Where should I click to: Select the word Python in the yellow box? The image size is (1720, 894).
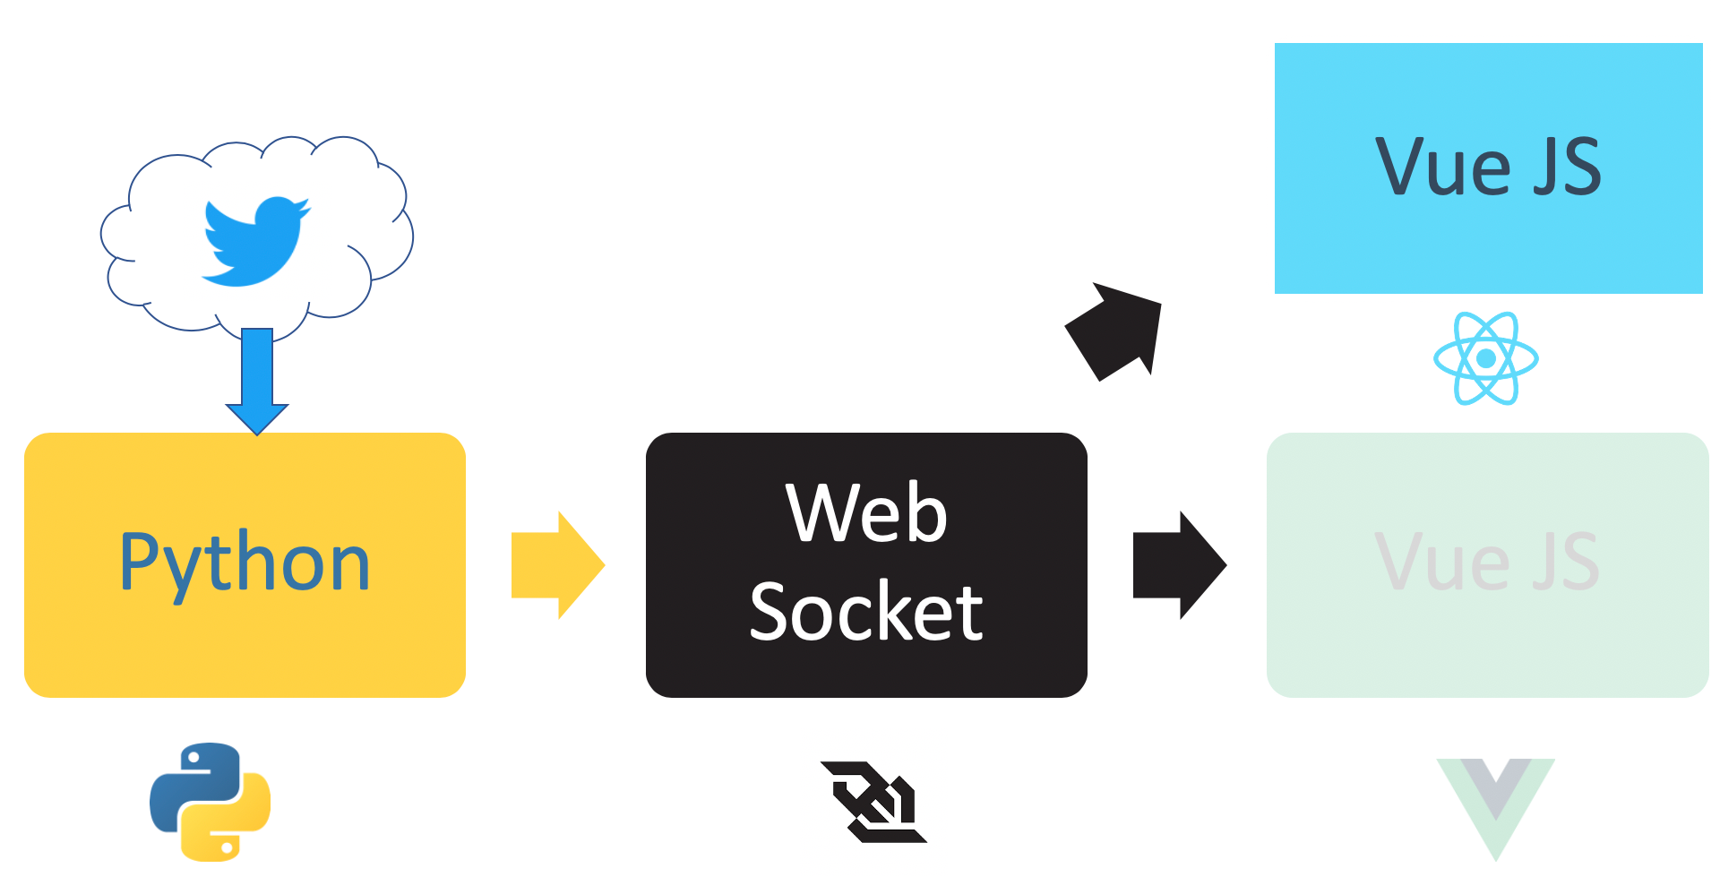245,563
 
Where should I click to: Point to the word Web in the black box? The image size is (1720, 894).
866,513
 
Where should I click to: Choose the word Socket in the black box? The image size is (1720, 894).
866,612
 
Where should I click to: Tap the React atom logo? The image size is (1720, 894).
1486,358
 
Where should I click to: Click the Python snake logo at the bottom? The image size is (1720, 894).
211,802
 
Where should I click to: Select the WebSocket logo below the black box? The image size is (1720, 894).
873,802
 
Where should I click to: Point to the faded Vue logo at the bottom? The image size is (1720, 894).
1496,806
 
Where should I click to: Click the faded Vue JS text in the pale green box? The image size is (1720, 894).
1487,563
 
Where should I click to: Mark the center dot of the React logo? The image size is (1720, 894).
1486,358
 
